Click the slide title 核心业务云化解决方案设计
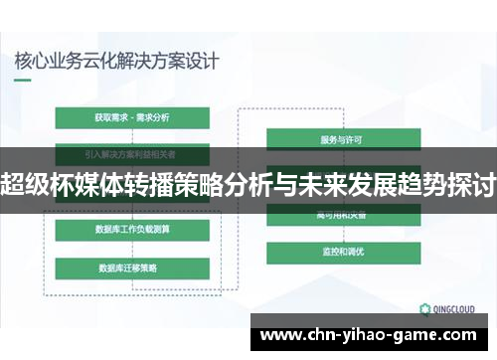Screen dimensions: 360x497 pos(116,60)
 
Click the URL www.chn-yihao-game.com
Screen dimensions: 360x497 pos(373,335)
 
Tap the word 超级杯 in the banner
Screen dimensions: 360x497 pos(38,183)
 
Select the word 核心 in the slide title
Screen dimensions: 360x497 pos(31,60)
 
